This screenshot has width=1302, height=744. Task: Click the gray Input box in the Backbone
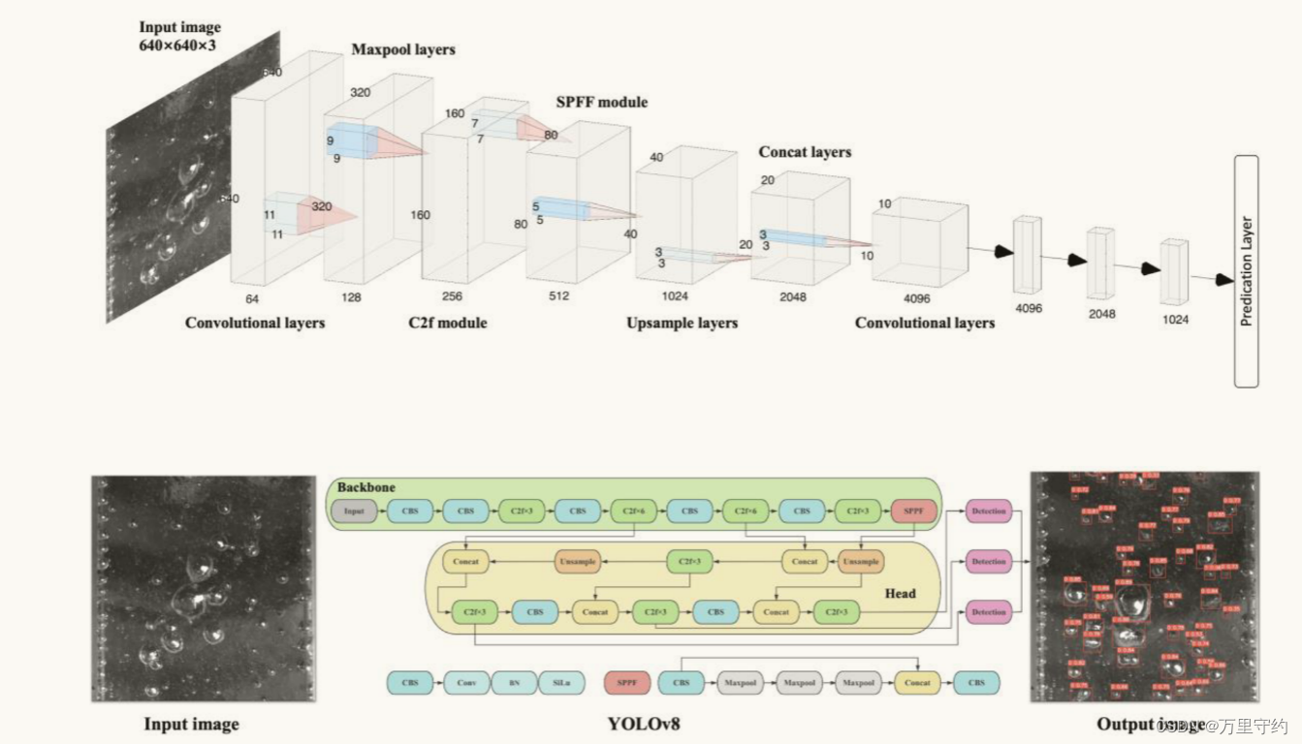[x=354, y=511]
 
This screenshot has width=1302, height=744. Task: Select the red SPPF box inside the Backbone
[x=914, y=511]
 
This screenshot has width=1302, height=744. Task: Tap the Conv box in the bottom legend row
[x=466, y=683]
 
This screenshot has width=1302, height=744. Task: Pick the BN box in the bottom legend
[x=514, y=683]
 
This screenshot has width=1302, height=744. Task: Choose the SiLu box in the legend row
[x=562, y=683]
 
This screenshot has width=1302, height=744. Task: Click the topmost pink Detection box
[x=988, y=511]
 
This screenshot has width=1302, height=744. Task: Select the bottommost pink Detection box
[x=988, y=612]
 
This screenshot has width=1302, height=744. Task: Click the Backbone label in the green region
[x=366, y=487]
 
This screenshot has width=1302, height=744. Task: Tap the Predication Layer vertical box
[x=1246, y=271]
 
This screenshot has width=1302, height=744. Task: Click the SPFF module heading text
[x=601, y=102]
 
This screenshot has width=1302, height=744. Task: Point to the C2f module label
[x=447, y=322]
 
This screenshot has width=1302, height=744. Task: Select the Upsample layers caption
[x=682, y=323]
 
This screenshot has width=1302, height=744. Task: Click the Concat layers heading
[x=805, y=152]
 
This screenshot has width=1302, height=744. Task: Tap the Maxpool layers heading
[x=402, y=49]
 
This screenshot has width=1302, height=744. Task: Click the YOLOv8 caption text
[x=644, y=723]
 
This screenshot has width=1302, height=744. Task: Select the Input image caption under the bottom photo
[x=191, y=724]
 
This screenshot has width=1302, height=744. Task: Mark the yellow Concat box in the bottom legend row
[x=917, y=683]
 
